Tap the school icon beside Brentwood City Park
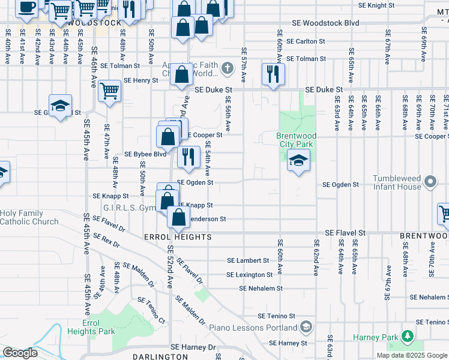pyautogui.click(x=298, y=160)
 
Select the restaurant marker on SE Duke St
pyautogui.click(x=273, y=75)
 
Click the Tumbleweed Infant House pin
pyautogui.click(x=430, y=181)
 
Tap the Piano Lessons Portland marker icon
pyautogui.click(x=306, y=328)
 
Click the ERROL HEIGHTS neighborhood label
pyautogui.click(x=178, y=238)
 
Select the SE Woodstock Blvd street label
pyautogui.click(x=325, y=23)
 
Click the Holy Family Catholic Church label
pyautogui.click(x=30, y=217)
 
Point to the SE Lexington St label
pyautogui.click(x=249, y=275)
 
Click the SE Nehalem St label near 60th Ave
pyautogui.click(x=261, y=289)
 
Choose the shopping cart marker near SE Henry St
pyautogui.click(x=110, y=92)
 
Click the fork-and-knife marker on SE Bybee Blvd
pyautogui.click(x=188, y=157)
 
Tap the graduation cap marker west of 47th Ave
pyautogui.click(x=60, y=106)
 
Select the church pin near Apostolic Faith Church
pyautogui.click(x=227, y=68)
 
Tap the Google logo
pyautogui.click(x=20, y=353)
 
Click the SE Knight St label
pyautogui.click(x=376, y=5)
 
